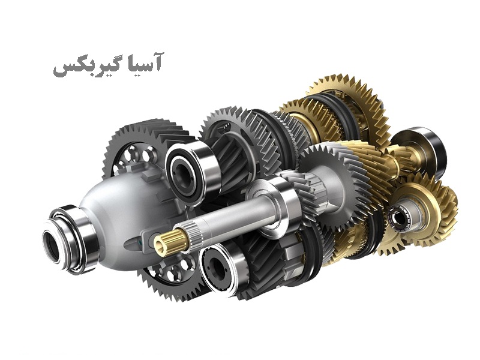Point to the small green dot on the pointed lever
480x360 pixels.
pyautogui.click(x=140, y=244)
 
